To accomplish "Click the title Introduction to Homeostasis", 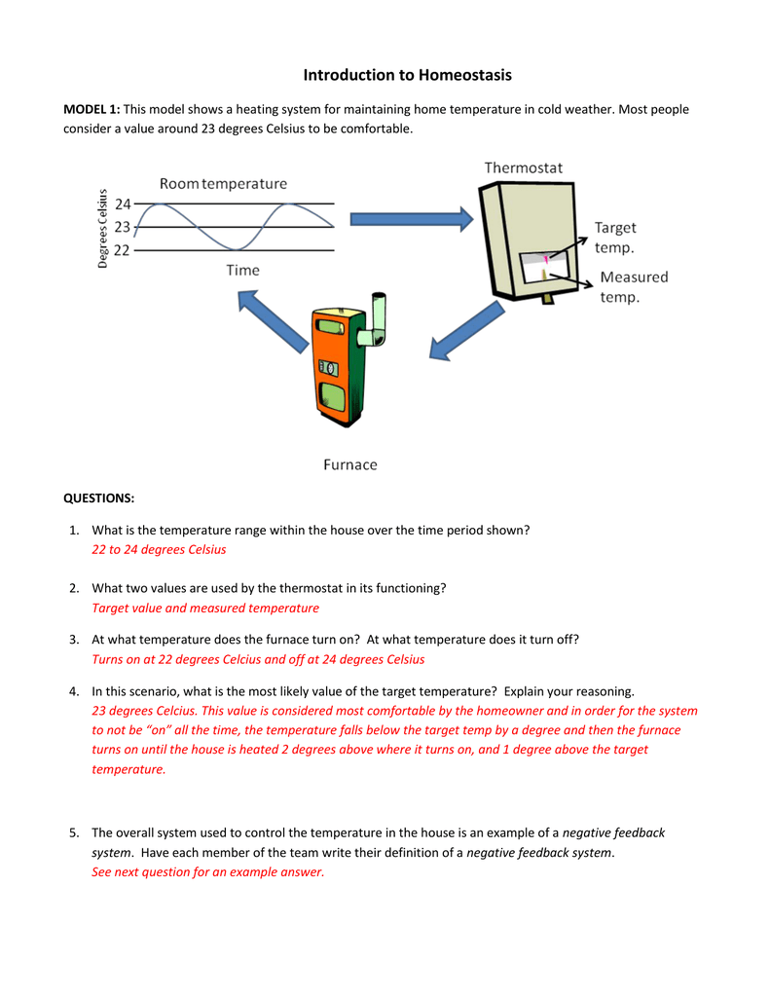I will coord(407,75).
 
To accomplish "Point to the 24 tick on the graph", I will coord(123,204).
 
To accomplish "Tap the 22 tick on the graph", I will coord(123,249).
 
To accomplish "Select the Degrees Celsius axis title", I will coord(102,227).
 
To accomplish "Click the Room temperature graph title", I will coord(224,183).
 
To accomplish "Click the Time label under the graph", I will coord(243,270).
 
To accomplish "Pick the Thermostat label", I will coord(524,167).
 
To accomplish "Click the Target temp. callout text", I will coord(615,237).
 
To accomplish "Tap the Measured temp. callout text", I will coord(633,287).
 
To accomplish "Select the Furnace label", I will coord(349,464).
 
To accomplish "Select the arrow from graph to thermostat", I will coord(410,219).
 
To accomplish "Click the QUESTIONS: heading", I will coord(98,498).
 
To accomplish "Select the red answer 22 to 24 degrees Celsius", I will coord(159,549).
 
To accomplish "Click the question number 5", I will coord(74,832).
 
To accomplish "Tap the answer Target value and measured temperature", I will coord(205,608).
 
